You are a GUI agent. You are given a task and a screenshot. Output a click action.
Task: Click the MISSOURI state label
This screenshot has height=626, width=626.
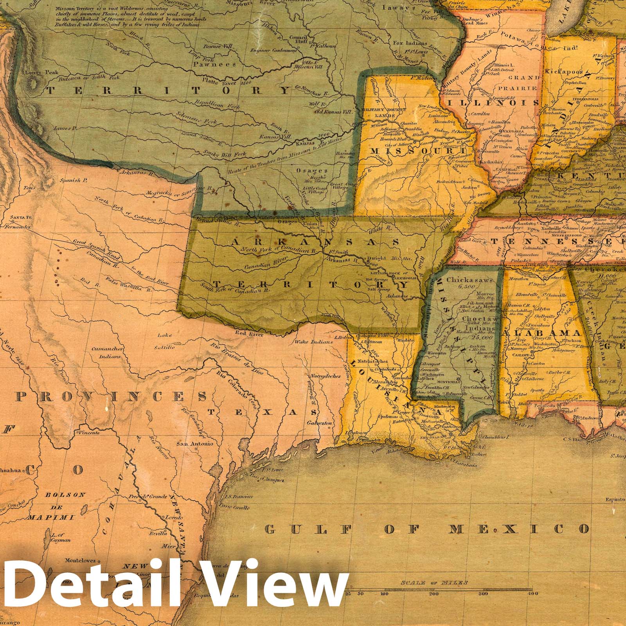point(417,151)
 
